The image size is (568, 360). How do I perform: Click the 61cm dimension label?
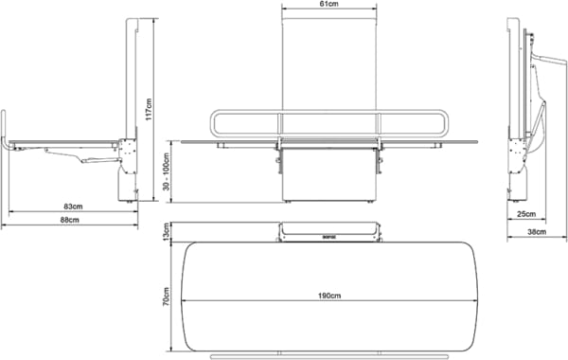pos(328,5)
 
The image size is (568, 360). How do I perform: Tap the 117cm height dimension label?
pos(149,110)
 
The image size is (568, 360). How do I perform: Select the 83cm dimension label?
pos(73,207)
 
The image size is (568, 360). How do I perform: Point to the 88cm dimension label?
pos(69,220)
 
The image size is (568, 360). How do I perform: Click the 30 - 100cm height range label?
pos(167,171)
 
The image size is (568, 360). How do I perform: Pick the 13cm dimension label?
pos(167,232)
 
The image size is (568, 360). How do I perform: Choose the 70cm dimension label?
pos(167,297)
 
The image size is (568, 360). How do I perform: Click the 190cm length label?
pos(329,296)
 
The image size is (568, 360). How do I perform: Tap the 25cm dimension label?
pos(526,214)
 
